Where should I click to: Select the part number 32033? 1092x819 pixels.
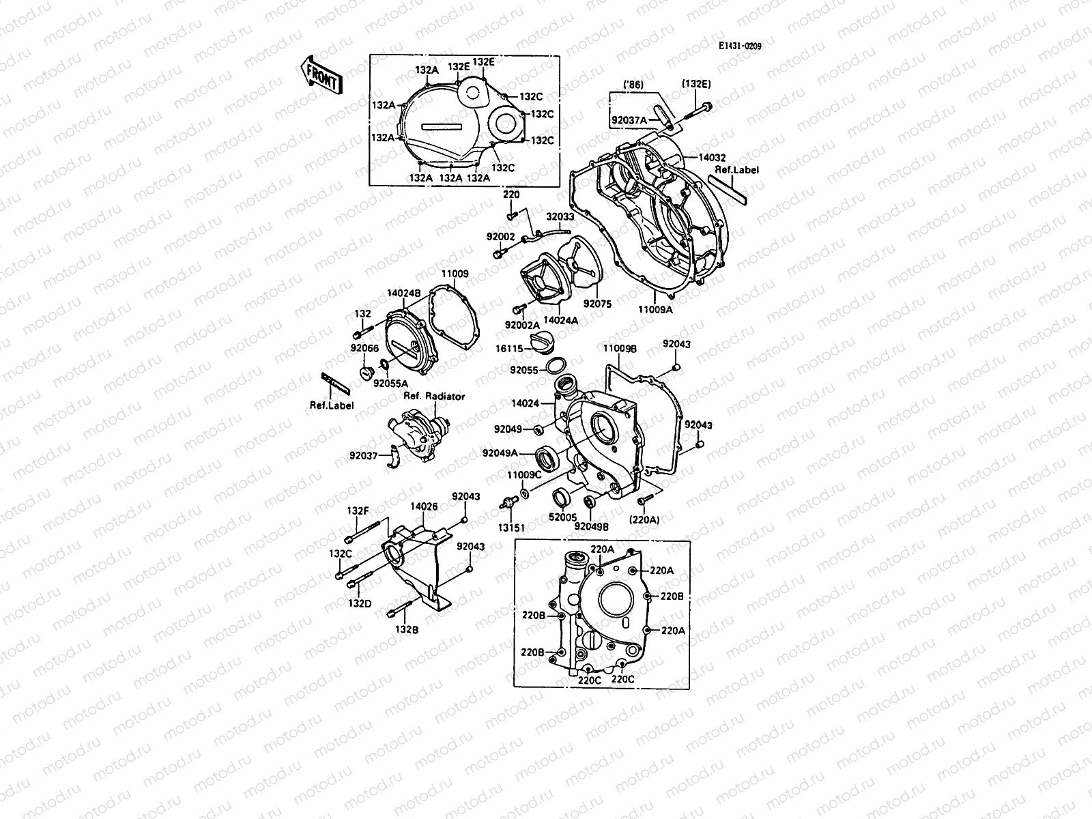coord(560,217)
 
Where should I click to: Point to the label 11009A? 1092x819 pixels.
coord(655,308)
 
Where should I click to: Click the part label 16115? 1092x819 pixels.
coord(509,349)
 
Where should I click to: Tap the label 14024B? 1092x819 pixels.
coord(403,293)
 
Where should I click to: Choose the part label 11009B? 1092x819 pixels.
coord(620,348)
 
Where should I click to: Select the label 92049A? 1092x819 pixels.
coord(500,453)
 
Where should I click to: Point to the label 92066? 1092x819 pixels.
coord(364,347)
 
